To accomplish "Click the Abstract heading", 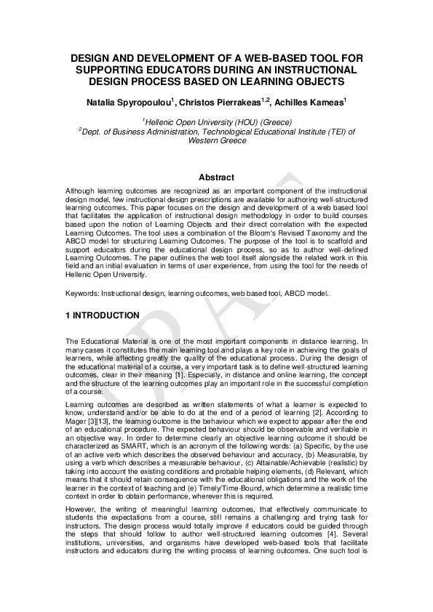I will tap(216, 177).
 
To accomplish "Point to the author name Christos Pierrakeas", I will tap(215, 105).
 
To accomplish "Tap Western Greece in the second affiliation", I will tap(216, 140).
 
